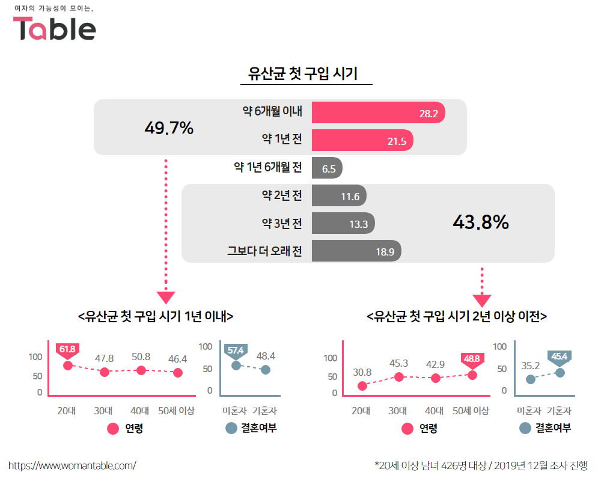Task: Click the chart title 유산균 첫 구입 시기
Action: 303,74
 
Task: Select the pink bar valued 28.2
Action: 378,112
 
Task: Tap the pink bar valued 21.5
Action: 362,141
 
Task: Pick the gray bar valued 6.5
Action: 327,168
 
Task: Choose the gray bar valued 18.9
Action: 356,251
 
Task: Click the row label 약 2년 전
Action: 282,195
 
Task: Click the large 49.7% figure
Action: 169,127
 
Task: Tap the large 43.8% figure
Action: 480,222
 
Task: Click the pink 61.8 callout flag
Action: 67,349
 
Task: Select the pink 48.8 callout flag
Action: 472,359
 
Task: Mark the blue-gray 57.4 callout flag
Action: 236,351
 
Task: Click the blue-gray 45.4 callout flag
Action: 559,357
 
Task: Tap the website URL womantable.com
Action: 72,465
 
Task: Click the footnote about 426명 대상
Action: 481,465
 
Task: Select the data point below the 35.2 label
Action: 531,379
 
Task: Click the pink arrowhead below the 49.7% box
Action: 166,297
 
